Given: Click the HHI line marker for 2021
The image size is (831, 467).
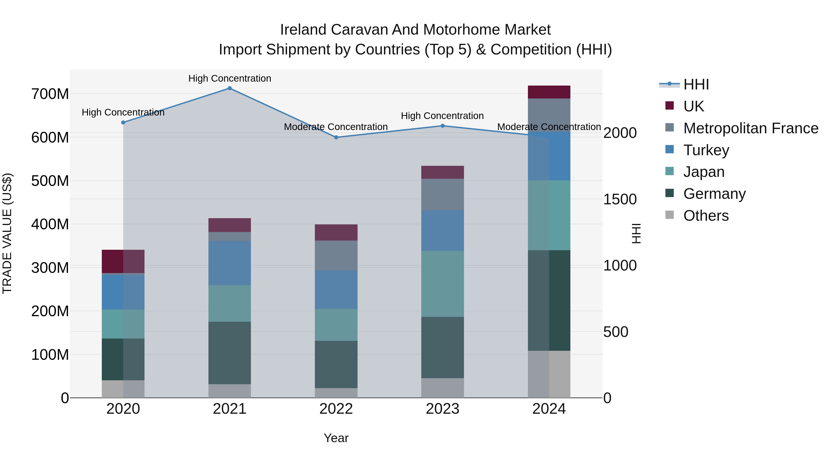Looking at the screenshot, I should (229, 88).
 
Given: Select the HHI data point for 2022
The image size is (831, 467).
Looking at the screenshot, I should (336, 137).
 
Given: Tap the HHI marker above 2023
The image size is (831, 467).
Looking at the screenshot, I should (442, 126).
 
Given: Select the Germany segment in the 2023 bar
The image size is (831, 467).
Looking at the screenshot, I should (442, 348).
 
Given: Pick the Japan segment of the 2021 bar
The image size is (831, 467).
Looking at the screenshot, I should (229, 303).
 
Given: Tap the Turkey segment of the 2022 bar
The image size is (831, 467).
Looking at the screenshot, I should (336, 289).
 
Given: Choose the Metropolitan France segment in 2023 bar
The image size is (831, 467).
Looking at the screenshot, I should (442, 195).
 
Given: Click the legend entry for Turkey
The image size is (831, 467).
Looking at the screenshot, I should (706, 150).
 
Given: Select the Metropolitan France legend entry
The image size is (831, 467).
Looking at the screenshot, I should (750, 128).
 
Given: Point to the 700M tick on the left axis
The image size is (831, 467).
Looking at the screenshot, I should (50, 94).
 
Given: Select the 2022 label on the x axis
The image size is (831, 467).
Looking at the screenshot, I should (336, 409).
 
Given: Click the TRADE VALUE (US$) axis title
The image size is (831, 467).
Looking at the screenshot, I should (7, 233).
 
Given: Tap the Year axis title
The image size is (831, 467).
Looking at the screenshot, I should (336, 438).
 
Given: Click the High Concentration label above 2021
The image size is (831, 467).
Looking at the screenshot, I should (229, 78).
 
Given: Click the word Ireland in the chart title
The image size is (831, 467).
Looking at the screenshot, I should (303, 30).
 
